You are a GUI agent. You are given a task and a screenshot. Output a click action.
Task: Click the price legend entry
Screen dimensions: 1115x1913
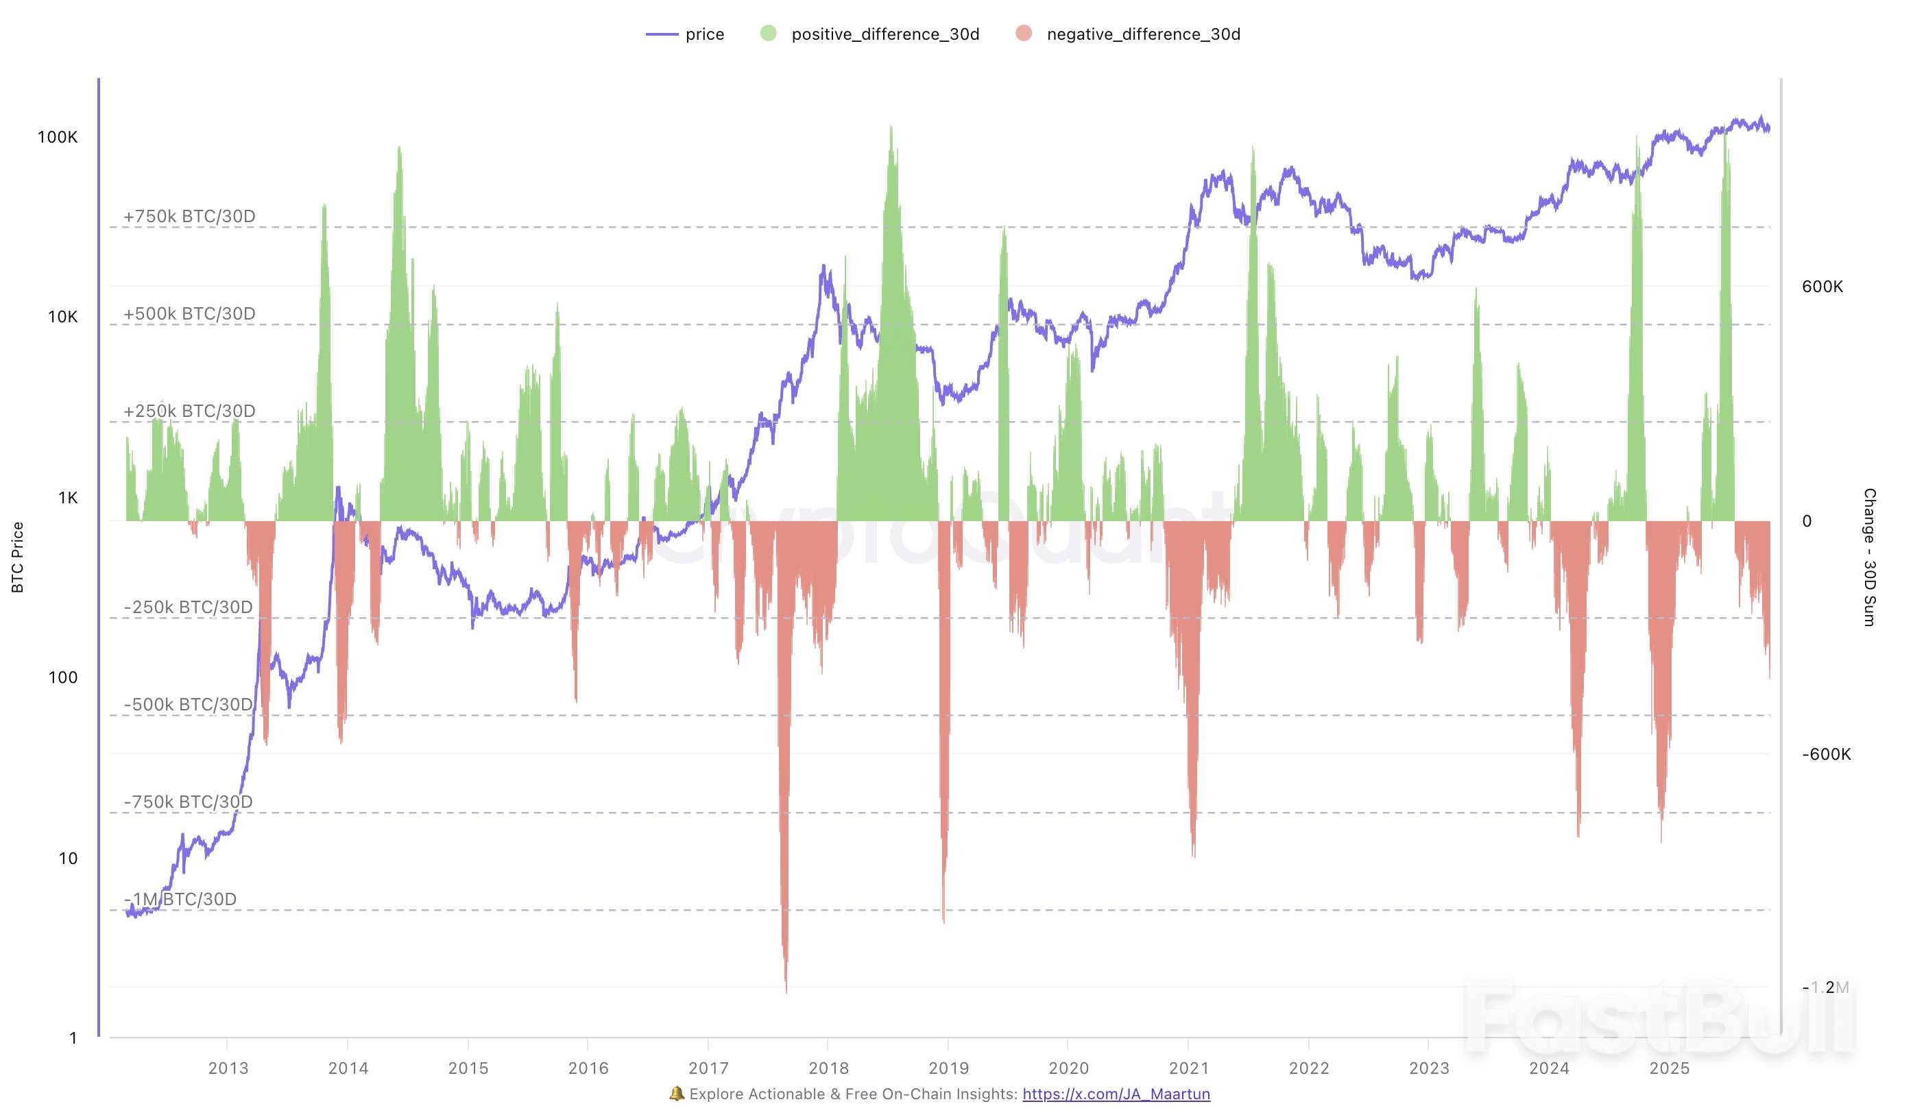click(x=686, y=34)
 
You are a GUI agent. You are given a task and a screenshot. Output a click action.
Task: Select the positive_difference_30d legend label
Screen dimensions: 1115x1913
click(x=885, y=34)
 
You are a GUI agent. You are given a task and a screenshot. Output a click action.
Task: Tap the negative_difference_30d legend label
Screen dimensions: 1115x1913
click(x=1142, y=34)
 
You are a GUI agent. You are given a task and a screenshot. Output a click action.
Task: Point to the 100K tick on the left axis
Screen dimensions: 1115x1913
click(x=58, y=137)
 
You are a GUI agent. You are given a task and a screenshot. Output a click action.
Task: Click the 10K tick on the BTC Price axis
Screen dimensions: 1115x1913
click(x=62, y=317)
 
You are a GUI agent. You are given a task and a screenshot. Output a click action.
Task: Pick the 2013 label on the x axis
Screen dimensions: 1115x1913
click(x=228, y=1068)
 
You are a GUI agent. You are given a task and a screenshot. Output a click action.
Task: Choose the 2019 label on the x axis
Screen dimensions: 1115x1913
click(x=948, y=1068)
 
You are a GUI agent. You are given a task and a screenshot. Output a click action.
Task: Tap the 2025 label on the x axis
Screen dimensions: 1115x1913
click(x=1670, y=1068)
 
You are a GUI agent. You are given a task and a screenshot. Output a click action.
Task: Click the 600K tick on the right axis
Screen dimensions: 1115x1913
click(x=1822, y=287)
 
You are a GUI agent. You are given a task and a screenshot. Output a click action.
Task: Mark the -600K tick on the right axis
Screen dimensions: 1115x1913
click(x=1826, y=754)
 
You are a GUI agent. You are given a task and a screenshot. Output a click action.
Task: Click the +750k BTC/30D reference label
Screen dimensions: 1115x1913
click(x=189, y=216)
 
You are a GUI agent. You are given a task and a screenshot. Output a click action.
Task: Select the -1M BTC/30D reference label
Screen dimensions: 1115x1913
click(x=180, y=900)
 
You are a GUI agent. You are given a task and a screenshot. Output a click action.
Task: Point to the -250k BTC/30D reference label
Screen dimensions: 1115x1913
click(x=187, y=608)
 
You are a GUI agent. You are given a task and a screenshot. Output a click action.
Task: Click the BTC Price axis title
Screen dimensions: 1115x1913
click(x=17, y=557)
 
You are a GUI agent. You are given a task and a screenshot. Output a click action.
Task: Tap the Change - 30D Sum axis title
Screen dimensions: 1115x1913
click(x=1870, y=557)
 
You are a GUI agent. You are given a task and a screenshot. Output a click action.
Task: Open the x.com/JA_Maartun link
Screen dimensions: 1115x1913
click(x=1116, y=1094)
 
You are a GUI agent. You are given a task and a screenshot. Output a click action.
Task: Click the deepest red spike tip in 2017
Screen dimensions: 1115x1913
click(x=786, y=990)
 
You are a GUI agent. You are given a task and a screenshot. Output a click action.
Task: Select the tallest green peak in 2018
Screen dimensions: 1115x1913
click(x=891, y=128)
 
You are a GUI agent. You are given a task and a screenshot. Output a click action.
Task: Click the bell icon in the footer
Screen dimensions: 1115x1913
click(x=676, y=1094)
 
